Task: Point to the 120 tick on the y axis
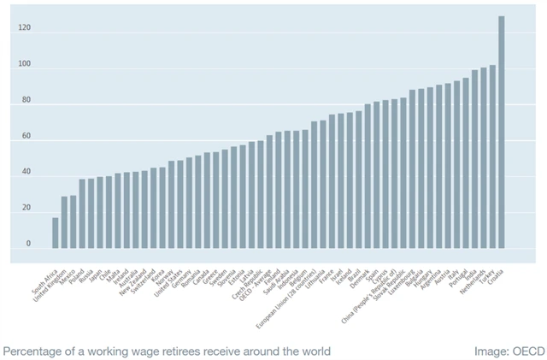(24, 29)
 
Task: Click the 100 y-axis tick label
(24, 65)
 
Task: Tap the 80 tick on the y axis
(25, 101)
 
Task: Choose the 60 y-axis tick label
(25, 137)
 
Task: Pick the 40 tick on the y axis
(25, 173)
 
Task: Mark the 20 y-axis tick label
(25, 209)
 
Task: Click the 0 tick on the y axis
(27, 245)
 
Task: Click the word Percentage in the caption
(34, 351)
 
